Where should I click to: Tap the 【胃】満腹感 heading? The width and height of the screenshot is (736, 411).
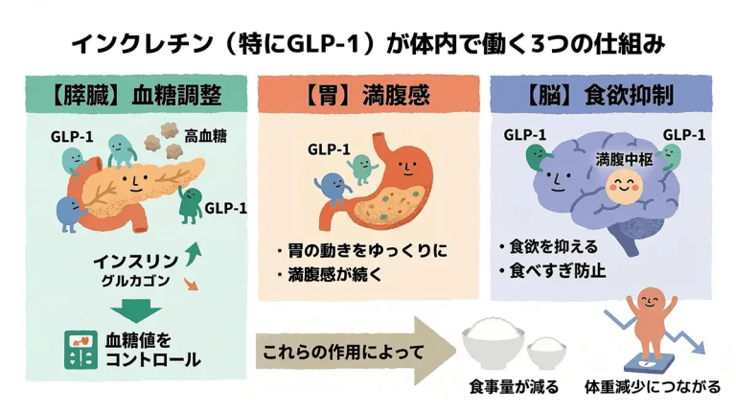367,97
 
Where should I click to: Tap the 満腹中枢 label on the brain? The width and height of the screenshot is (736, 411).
624,159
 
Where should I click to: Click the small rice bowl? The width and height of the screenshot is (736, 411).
547,352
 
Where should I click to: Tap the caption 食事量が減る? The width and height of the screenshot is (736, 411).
509,389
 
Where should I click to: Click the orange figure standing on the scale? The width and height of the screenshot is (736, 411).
649,315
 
